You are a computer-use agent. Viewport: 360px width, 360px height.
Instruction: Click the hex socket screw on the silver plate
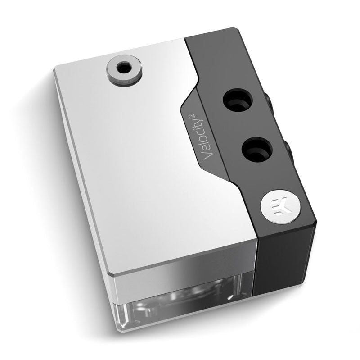[122, 70]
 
